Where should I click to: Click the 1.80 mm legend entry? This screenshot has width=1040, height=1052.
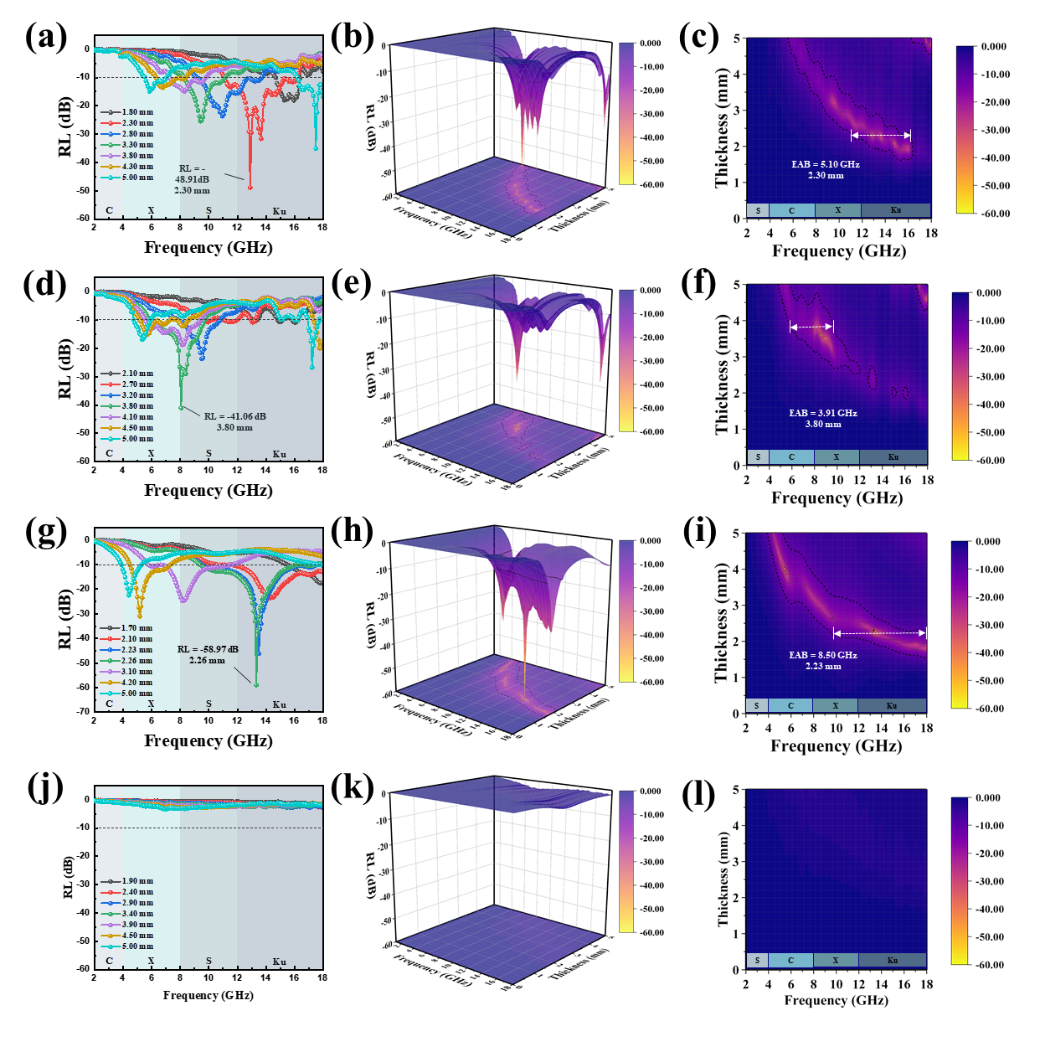136,112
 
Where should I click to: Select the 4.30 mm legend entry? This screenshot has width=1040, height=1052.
136,167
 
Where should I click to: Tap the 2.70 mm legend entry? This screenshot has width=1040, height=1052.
136,384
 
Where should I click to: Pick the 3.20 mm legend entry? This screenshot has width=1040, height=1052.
136,395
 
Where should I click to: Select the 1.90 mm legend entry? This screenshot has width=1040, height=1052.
136,881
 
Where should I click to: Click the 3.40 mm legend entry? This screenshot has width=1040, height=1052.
136,914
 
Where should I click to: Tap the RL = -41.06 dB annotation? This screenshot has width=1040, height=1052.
234,416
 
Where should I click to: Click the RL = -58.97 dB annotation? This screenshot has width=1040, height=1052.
208,649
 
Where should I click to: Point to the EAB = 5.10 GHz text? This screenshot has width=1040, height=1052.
826,164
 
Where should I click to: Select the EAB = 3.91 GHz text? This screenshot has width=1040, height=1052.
823,413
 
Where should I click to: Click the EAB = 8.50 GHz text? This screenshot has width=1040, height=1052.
823,655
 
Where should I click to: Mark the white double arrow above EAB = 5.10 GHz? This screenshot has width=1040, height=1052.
881,135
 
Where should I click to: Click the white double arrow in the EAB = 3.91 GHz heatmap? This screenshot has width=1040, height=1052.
811,327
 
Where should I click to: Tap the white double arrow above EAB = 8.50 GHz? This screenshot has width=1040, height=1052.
879,633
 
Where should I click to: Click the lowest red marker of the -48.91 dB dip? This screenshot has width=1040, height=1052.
250,188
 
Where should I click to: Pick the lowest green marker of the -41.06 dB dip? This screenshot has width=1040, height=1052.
181,408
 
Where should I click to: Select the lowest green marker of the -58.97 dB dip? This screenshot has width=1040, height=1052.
256,685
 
